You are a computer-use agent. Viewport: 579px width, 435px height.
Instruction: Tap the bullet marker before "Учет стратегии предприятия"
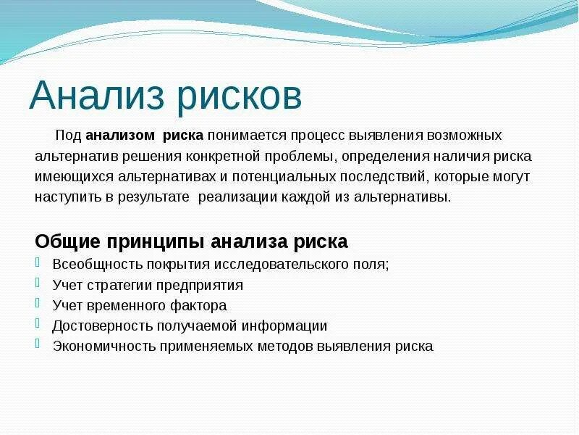point(38,284)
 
